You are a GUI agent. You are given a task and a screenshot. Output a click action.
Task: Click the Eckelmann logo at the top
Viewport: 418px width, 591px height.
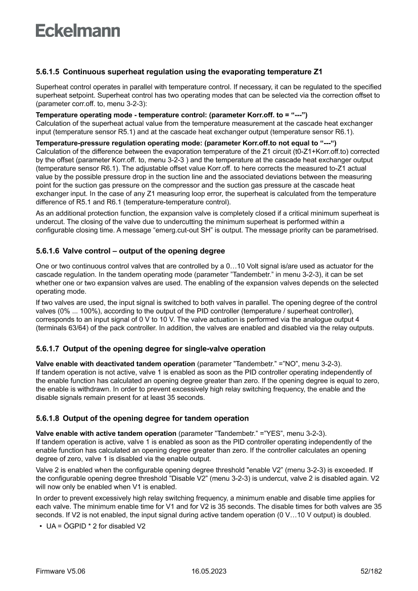pyautogui.click(x=78, y=30)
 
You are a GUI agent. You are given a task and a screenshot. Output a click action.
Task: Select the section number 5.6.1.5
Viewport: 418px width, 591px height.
pyautogui.click(x=48, y=72)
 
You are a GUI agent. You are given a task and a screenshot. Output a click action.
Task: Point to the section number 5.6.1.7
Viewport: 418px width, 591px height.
pyautogui.click(x=48, y=349)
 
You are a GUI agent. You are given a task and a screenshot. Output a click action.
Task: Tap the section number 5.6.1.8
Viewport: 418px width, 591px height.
pyautogui.click(x=48, y=418)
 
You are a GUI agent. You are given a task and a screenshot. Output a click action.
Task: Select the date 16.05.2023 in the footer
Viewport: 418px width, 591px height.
pyautogui.click(x=209, y=571)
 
